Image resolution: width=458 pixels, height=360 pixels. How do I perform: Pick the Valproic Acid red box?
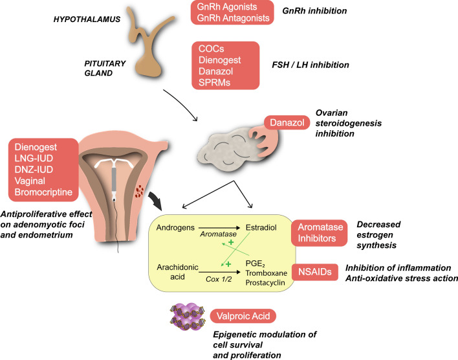click(244, 316)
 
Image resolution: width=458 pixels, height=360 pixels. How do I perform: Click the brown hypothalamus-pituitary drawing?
click(146, 45)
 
